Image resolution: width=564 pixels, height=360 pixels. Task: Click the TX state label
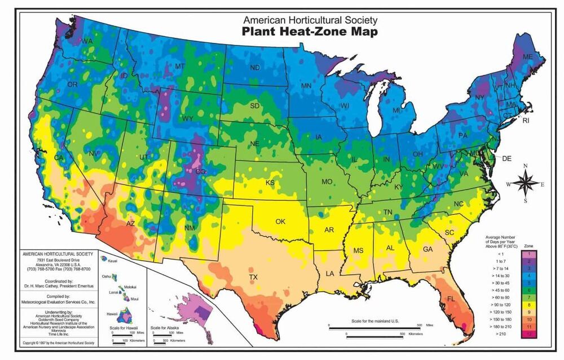(x=253, y=277)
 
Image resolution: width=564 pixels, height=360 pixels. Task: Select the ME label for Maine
(x=528, y=58)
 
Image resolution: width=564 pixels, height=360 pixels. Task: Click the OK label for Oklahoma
(x=280, y=221)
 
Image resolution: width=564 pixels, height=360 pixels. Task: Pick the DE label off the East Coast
(x=506, y=159)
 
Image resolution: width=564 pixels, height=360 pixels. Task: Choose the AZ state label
(x=130, y=223)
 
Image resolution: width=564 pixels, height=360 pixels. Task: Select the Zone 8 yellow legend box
(x=528, y=302)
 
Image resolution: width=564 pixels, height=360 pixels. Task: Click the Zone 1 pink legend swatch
(x=528, y=255)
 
